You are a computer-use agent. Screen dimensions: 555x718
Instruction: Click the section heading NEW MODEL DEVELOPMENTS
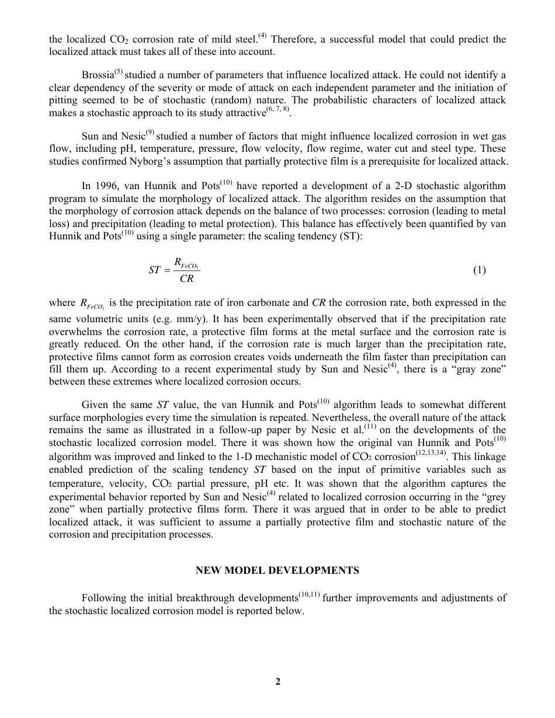click(x=277, y=570)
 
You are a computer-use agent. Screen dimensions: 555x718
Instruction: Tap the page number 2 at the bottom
click(x=278, y=681)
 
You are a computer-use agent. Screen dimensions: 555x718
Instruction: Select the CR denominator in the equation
click(x=187, y=279)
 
